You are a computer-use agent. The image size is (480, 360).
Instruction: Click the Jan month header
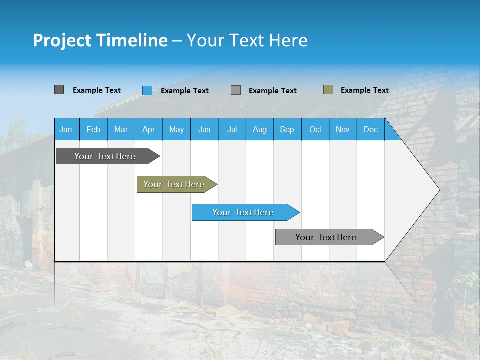(66, 129)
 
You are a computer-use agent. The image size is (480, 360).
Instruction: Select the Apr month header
(149, 129)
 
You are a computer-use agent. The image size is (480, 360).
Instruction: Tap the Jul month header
(232, 129)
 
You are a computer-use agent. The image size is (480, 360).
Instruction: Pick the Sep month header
(287, 129)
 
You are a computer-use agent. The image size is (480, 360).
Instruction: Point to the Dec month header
(370, 129)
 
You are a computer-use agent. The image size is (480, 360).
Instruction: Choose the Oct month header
(315, 129)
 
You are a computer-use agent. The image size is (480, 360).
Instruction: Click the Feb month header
(93, 129)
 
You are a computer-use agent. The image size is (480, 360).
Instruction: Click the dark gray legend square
(59, 90)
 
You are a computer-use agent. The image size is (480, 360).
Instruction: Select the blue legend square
(147, 90)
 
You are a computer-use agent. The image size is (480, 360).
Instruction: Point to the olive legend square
(328, 90)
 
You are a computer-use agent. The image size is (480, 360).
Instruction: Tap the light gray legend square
(236, 90)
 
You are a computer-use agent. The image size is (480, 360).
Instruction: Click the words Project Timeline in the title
(100, 40)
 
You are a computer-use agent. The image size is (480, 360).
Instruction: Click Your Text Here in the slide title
(247, 40)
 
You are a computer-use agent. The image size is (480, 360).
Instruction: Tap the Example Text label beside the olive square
(364, 90)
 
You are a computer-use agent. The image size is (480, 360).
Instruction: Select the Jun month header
(204, 129)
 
